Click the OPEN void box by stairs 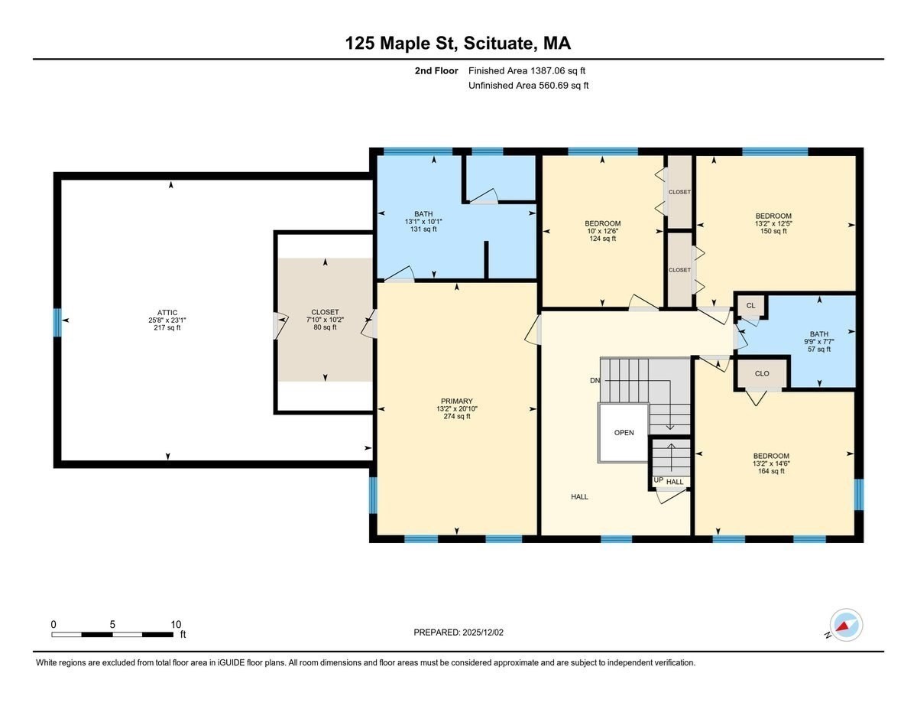(624, 433)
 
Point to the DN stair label (595, 380)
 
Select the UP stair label (658, 480)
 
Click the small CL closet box (750, 305)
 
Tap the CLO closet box (761, 374)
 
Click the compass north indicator (845, 625)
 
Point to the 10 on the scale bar (176, 624)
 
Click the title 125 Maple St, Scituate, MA (458, 44)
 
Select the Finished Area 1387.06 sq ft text (528, 70)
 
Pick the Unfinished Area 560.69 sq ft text (528, 86)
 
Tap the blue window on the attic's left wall (57, 321)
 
